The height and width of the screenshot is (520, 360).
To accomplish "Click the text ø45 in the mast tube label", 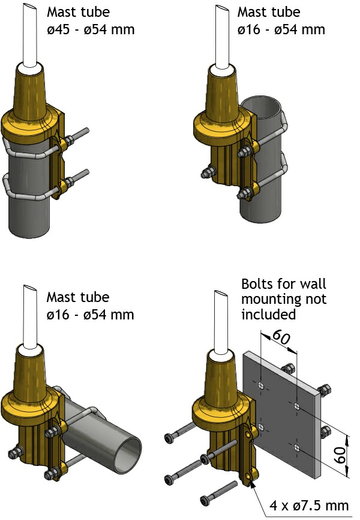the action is pos(58,29).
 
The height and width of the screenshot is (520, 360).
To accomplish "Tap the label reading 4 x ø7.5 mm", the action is pos(309,506).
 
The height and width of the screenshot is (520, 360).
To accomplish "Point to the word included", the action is pos(268,313).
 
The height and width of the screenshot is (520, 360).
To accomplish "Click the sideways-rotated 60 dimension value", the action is pos(340,455).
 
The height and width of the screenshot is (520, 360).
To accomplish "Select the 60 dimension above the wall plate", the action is pos(281,337).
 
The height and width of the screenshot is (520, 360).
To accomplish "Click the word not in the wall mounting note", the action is pos(316,300).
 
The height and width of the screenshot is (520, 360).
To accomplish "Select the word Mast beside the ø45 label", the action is pos(62,12).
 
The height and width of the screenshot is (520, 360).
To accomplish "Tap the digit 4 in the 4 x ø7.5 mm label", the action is pos(273,506).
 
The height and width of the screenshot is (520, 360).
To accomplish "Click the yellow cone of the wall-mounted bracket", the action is pos(222,378).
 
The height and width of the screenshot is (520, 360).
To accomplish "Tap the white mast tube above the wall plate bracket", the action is pos(221,320).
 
